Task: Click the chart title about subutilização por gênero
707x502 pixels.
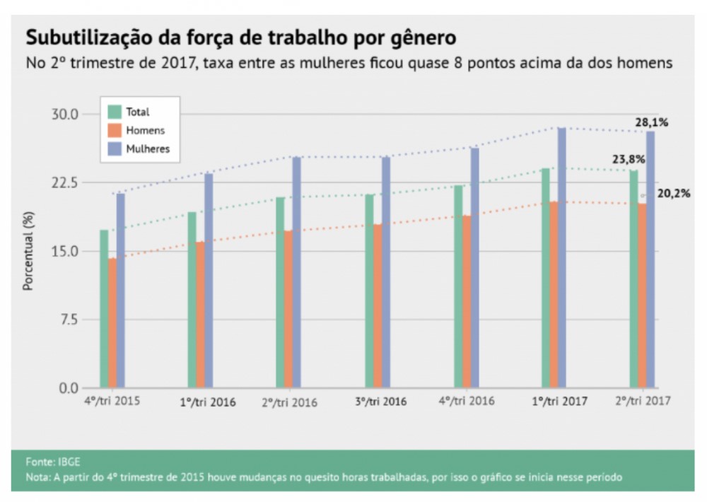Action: pyautogui.click(x=241, y=36)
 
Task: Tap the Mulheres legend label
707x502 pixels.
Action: pyautogui.click(x=148, y=148)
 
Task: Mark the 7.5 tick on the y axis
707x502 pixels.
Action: pyautogui.click(x=69, y=320)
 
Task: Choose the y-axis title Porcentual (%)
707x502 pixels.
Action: pyautogui.click(x=28, y=251)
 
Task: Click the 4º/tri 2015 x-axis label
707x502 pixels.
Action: pyautogui.click(x=111, y=401)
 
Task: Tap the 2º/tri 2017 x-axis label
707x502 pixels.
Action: pyautogui.click(x=642, y=401)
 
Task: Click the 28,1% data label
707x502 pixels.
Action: pyautogui.click(x=651, y=122)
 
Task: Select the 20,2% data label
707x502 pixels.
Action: pyautogui.click(x=674, y=192)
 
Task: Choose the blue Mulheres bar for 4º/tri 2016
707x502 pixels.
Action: pyautogui.click(x=475, y=268)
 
